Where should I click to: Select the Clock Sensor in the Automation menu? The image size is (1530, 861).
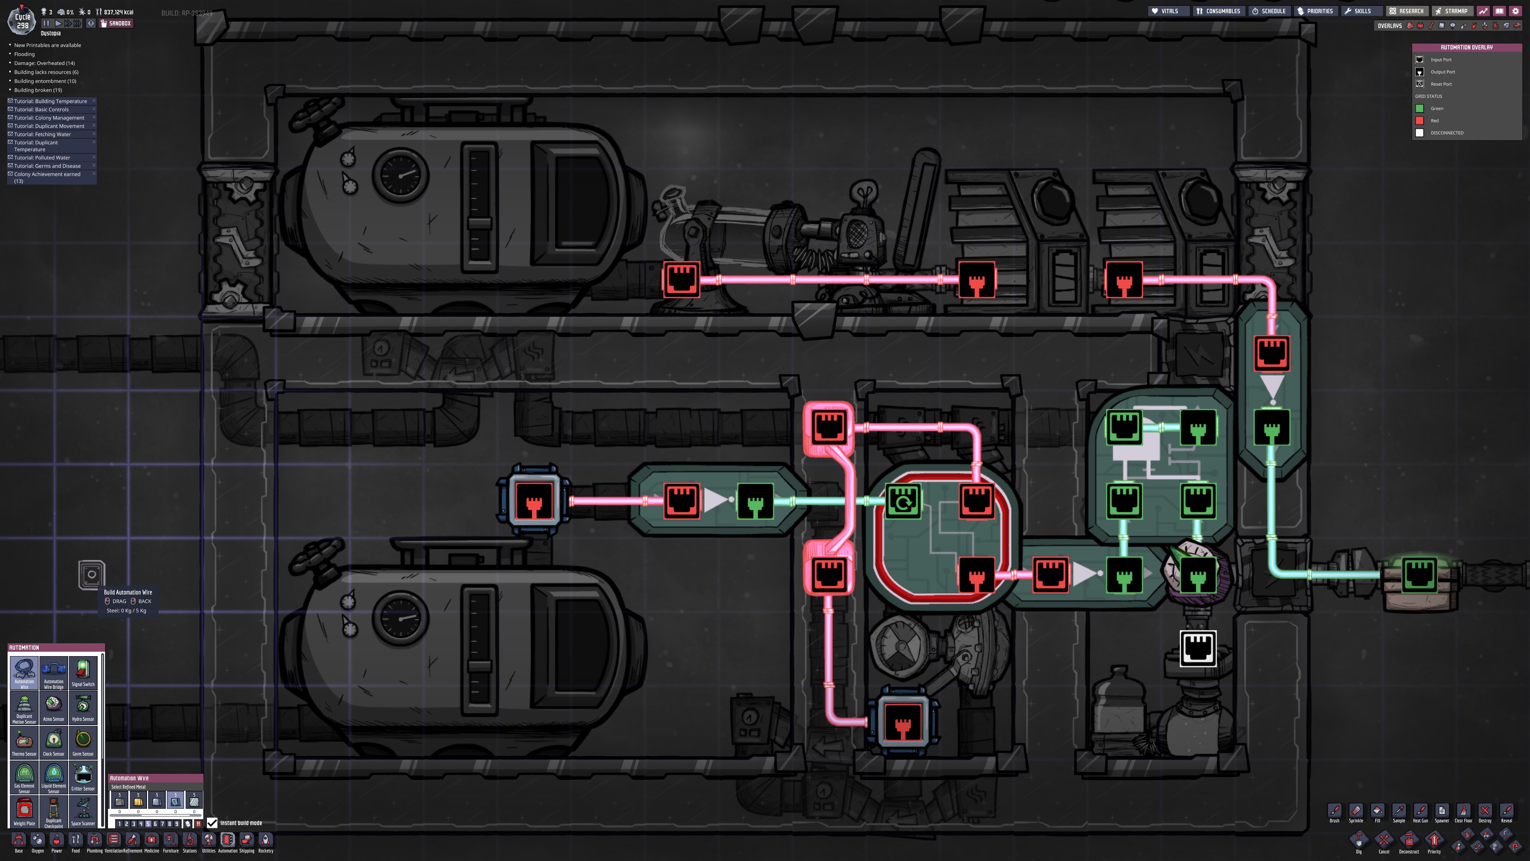click(x=53, y=741)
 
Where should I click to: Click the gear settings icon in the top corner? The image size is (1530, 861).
click(x=1515, y=11)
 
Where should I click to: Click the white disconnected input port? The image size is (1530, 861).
click(x=1197, y=648)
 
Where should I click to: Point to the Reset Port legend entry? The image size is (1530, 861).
click(x=1441, y=84)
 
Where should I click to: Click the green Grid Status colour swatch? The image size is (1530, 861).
click(x=1420, y=108)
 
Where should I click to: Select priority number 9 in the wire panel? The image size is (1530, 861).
click(x=177, y=824)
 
